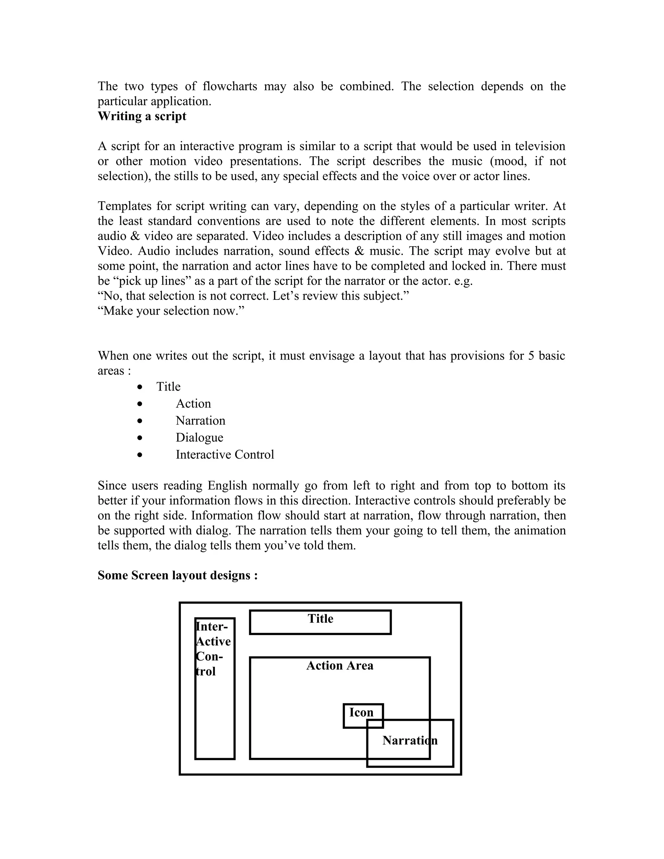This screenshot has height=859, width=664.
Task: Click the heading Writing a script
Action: [142, 116]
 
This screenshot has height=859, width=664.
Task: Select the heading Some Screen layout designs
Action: [177, 575]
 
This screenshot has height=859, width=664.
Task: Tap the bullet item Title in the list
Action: [168, 387]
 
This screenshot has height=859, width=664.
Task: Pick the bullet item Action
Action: [193, 404]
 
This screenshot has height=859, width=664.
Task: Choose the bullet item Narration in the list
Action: [200, 420]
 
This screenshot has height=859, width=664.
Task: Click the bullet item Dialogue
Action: [199, 437]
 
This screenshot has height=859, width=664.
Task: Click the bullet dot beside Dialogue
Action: [140, 438]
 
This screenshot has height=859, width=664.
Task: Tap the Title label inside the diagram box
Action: [320, 619]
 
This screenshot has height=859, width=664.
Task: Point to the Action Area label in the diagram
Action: [339, 665]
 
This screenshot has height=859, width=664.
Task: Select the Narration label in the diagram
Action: [409, 741]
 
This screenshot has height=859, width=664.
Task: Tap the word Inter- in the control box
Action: [212, 627]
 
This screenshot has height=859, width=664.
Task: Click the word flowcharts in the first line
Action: [230, 86]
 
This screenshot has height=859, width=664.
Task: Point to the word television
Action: [540, 146]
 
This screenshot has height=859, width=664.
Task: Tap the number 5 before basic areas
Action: [531, 356]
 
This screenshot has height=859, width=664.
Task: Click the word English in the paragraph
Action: [227, 486]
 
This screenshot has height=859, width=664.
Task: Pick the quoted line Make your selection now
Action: [171, 311]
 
